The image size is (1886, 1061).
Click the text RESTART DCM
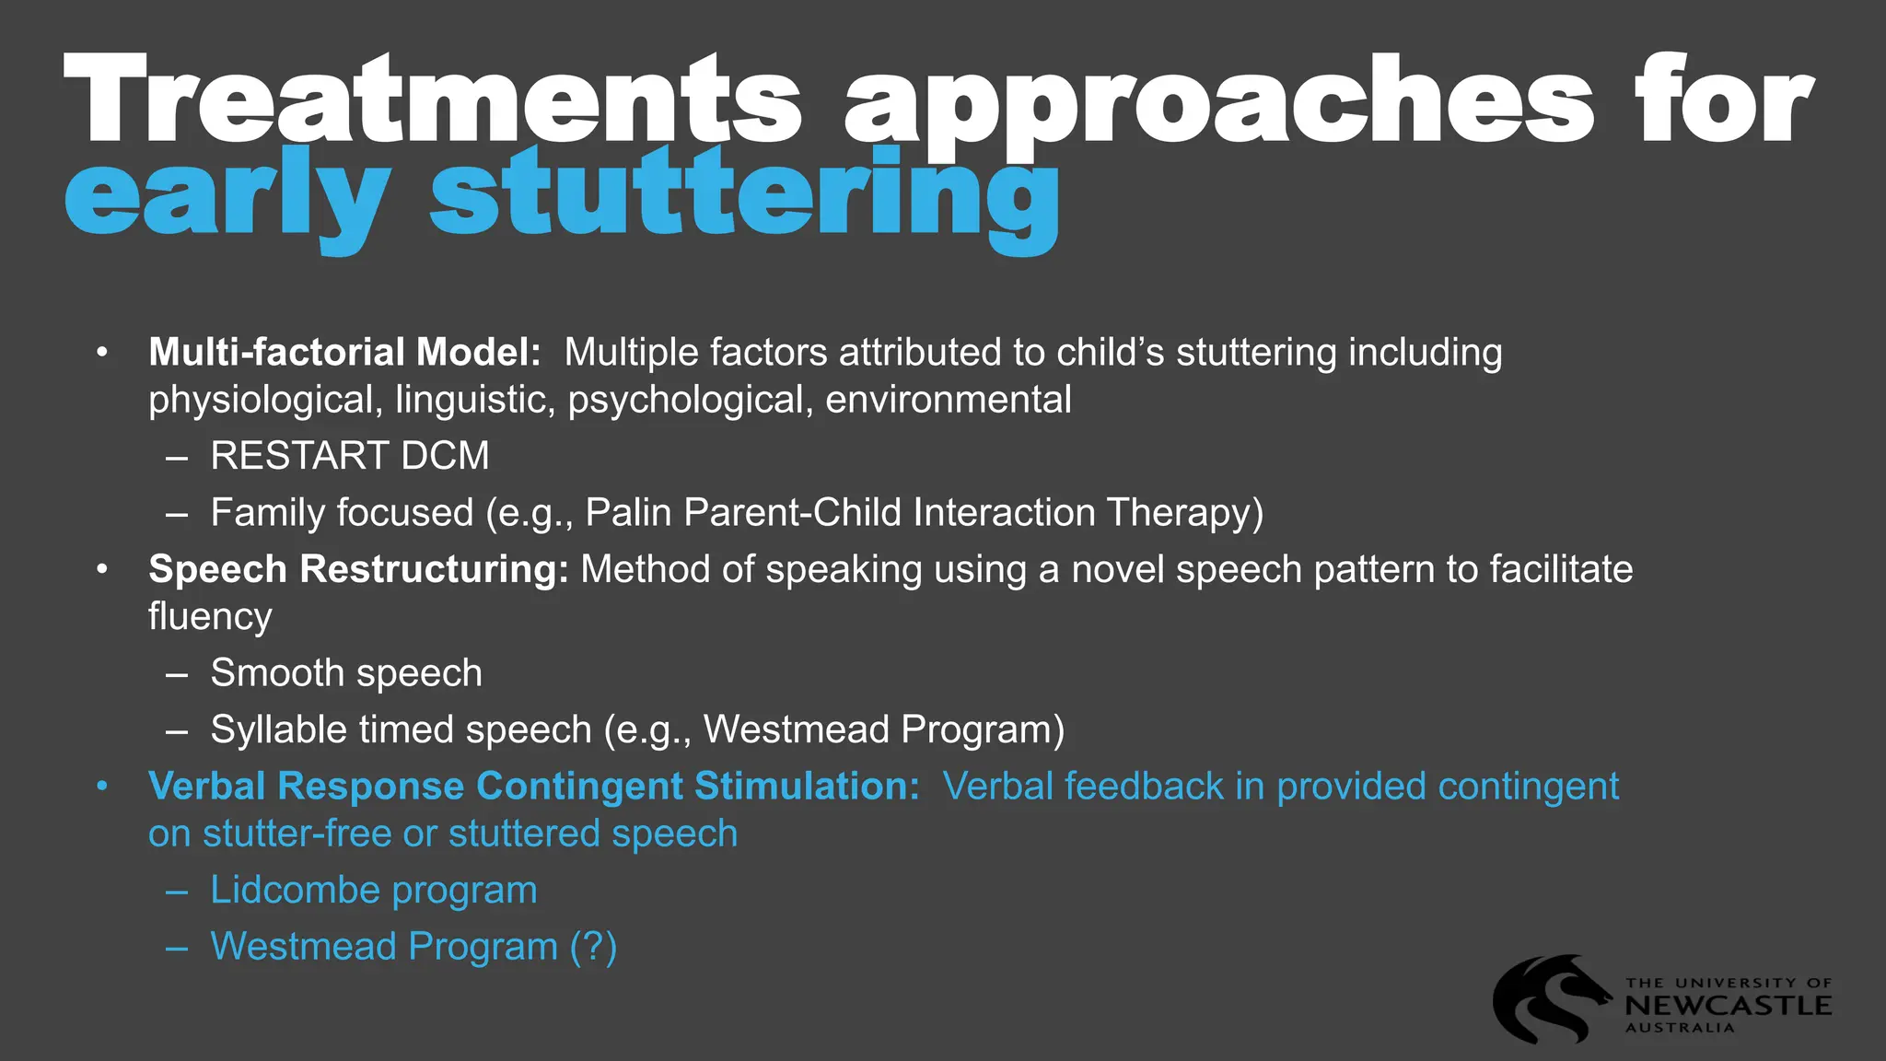(350, 456)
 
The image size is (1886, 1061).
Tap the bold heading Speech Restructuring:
(359, 569)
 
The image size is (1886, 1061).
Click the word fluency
(210, 617)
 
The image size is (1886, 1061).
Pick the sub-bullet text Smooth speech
(346, 673)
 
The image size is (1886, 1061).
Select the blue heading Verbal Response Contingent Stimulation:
(533, 787)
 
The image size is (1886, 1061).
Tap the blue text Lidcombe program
(373, 891)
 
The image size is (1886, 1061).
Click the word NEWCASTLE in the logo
(1728, 1006)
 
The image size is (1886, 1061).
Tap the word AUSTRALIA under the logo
(1680, 1028)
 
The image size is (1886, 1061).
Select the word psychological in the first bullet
(686, 401)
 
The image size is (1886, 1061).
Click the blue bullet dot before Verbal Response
(102, 787)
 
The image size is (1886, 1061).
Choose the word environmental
(949, 401)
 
